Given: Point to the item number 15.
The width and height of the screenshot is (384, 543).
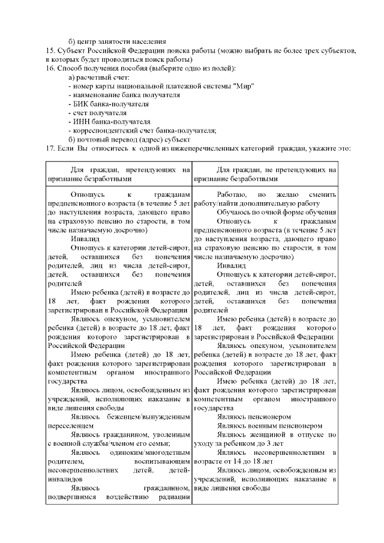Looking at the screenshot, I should pyautogui.click(x=51, y=50).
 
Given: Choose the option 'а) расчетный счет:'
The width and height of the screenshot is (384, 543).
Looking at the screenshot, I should pyautogui.click(x=99, y=77).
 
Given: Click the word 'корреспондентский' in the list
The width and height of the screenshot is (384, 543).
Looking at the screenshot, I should pyautogui.click(x=103, y=131).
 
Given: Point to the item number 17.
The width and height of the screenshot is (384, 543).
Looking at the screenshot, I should pyautogui.click(x=51, y=149).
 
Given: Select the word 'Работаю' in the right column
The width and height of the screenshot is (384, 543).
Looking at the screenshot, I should pyautogui.click(x=231, y=195).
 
